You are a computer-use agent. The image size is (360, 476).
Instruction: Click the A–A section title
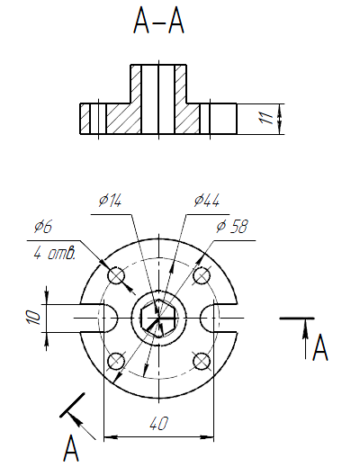(x=158, y=21)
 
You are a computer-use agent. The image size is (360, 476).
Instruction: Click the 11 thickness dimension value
(x=265, y=118)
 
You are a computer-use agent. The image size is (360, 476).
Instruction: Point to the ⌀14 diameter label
(x=110, y=201)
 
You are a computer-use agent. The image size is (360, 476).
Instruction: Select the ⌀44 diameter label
(x=207, y=201)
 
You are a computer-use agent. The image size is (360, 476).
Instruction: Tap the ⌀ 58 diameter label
(x=232, y=227)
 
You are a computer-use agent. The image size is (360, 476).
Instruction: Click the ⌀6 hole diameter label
(x=43, y=227)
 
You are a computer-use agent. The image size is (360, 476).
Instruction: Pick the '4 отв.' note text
(x=54, y=253)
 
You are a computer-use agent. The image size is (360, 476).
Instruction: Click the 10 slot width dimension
(x=33, y=318)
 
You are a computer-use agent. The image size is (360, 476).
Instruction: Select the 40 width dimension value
(x=158, y=424)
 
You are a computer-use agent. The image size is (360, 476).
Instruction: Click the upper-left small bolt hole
(x=116, y=275)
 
